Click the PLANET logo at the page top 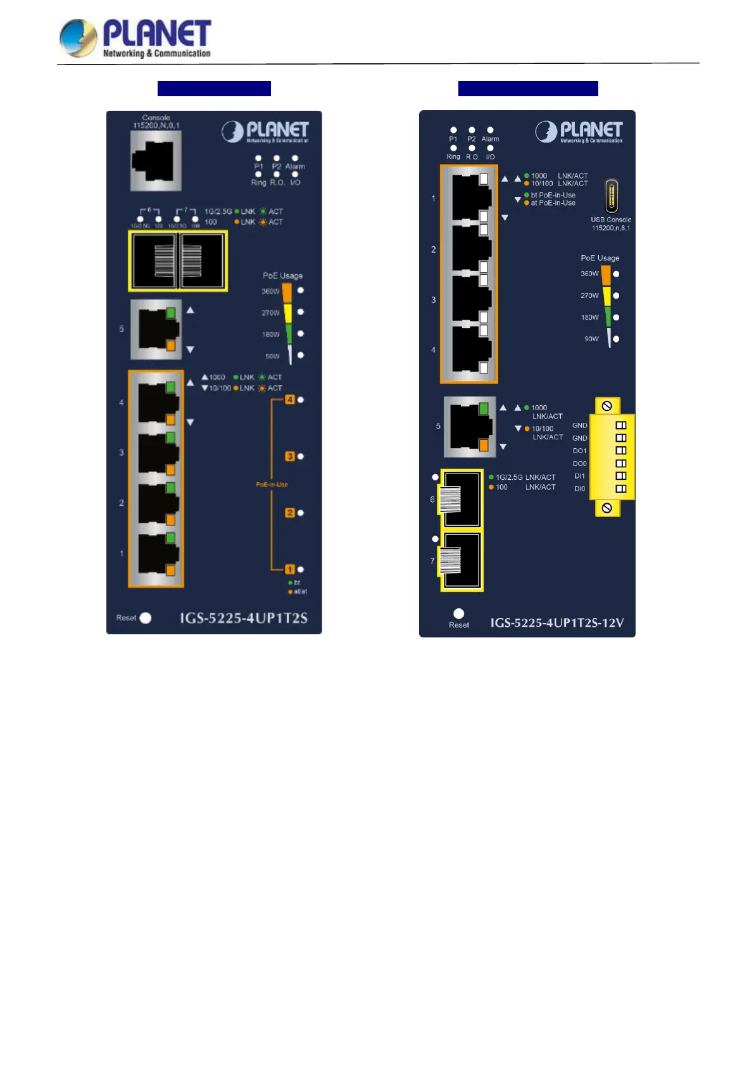pos(135,38)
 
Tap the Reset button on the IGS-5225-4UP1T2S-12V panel pos(459,613)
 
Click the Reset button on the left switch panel pos(146,618)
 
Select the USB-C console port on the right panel pos(611,196)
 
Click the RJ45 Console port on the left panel pos(156,161)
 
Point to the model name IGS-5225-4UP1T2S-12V pos(557,623)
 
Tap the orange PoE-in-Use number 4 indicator pos(290,399)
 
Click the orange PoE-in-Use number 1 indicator pos(290,570)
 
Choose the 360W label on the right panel pos(589,274)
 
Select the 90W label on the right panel pos(591,339)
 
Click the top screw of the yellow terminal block pos(607,406)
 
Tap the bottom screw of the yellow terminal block pos(607,508)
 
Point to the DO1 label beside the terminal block pos(579,451)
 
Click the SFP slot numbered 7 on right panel pos(462,561)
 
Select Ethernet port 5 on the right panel pos(470,427)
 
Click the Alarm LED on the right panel pos(490,130)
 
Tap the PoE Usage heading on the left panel pos(282,276)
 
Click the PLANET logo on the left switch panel pos(265,132)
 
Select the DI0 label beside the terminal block pos(579,489)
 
